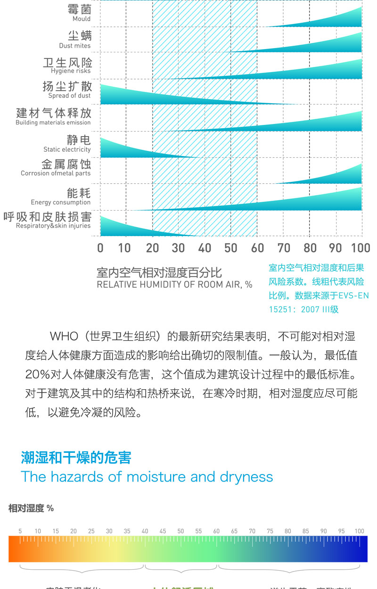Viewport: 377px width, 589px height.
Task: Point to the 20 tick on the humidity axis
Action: pos(152,248)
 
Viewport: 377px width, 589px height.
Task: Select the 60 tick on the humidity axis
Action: pos(257,248)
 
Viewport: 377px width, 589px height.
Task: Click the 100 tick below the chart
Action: pos(361,248)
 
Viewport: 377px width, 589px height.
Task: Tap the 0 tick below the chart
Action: pos(100,248)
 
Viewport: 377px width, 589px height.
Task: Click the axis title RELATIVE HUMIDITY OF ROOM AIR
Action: pos(174,285)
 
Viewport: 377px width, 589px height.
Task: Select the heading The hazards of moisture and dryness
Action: pos(147,476)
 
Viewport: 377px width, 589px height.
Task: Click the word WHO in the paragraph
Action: pos(63,336)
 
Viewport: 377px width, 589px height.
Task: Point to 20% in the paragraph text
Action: pos(38,375)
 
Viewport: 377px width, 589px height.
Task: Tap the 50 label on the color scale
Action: pos(180,531)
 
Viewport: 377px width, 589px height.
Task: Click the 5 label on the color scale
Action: pos(20,531)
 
